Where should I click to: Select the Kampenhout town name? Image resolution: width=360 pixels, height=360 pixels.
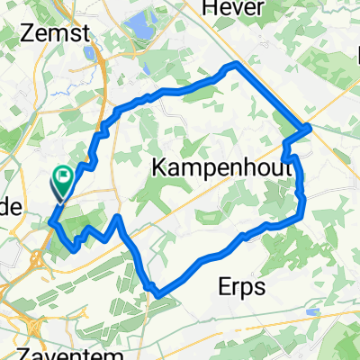tap(209, 167)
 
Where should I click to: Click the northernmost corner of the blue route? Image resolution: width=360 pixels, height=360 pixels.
tap(236, 65)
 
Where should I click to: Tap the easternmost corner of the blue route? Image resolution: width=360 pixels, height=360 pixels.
tap(310, 127)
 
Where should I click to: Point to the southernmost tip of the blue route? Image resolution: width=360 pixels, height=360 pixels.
tap(158, 294)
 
